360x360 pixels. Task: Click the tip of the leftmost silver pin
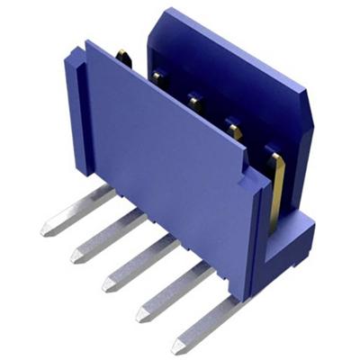tap(45, 229)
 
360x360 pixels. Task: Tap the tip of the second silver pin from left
tap(76, 257)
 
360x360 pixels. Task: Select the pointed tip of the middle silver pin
tap(106, 285)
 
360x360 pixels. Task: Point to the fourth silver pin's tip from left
tap(140, 315)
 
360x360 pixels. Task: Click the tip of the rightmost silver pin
tap(176, 346)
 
